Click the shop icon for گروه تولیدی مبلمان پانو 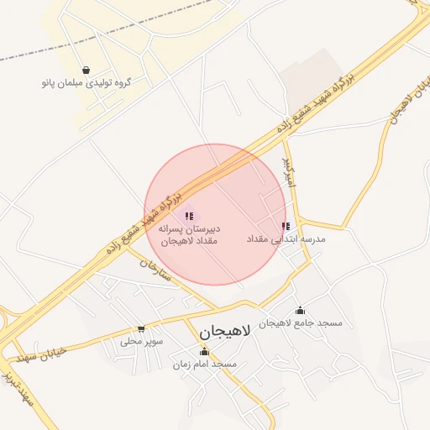tap(86, 70)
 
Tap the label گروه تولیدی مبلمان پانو tap(86, 83)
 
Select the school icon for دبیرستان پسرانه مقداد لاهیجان tap(189, 217)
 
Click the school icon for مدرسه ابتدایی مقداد tap(286, 226)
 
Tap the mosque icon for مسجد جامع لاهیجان tap(300, 311)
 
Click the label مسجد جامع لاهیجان tap(300, 323)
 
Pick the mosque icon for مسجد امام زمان tap(204, 352)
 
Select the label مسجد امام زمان tap(204, 364)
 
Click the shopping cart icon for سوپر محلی tap(141, 328)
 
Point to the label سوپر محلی tap(141, 341)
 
